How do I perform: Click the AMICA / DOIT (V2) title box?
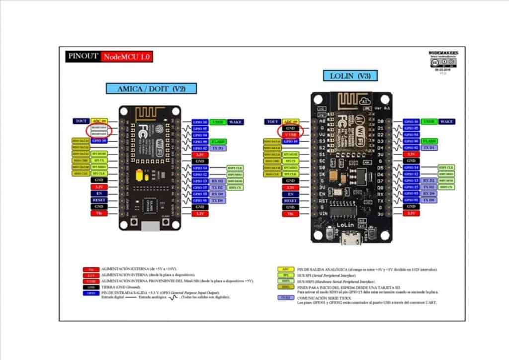151,89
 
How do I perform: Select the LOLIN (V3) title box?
350,76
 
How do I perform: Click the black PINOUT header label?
83,57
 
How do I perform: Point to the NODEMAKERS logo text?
443,53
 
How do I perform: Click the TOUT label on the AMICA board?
80,121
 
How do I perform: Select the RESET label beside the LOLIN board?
290,200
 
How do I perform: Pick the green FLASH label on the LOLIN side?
429,141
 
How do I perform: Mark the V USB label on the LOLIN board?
290,135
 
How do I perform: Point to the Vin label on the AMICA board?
98,213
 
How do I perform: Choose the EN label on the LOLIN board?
290,194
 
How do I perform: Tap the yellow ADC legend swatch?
285,269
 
